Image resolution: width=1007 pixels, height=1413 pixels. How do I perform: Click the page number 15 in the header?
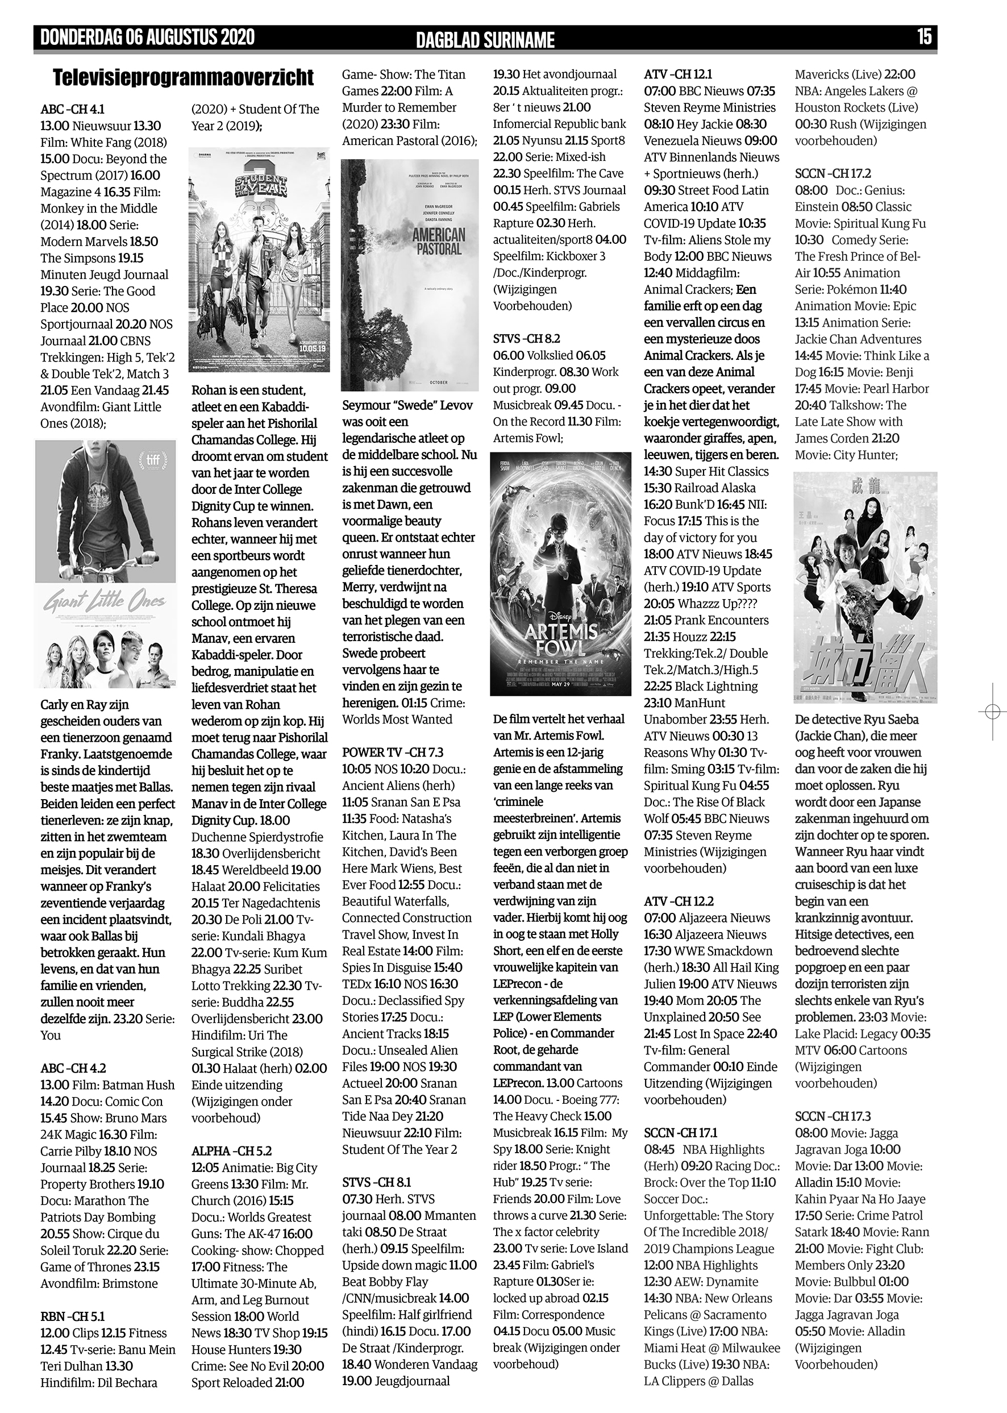(924, 37)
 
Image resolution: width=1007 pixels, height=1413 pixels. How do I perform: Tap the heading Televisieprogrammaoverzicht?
(183, 78)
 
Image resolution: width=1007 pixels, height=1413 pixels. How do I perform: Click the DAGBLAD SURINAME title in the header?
(485, 40)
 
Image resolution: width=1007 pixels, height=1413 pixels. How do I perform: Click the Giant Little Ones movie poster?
(106, 564)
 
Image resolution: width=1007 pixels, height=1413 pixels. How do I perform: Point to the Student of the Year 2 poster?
(251, 259)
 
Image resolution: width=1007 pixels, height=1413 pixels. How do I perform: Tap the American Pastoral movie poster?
(409, 275)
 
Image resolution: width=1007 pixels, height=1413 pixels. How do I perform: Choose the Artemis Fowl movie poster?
(560, 574)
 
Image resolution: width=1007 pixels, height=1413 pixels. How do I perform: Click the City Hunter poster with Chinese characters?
(865, 587)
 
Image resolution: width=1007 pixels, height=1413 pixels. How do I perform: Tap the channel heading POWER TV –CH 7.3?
(393, 753)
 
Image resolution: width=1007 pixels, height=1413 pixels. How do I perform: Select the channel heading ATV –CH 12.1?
(678, 74)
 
